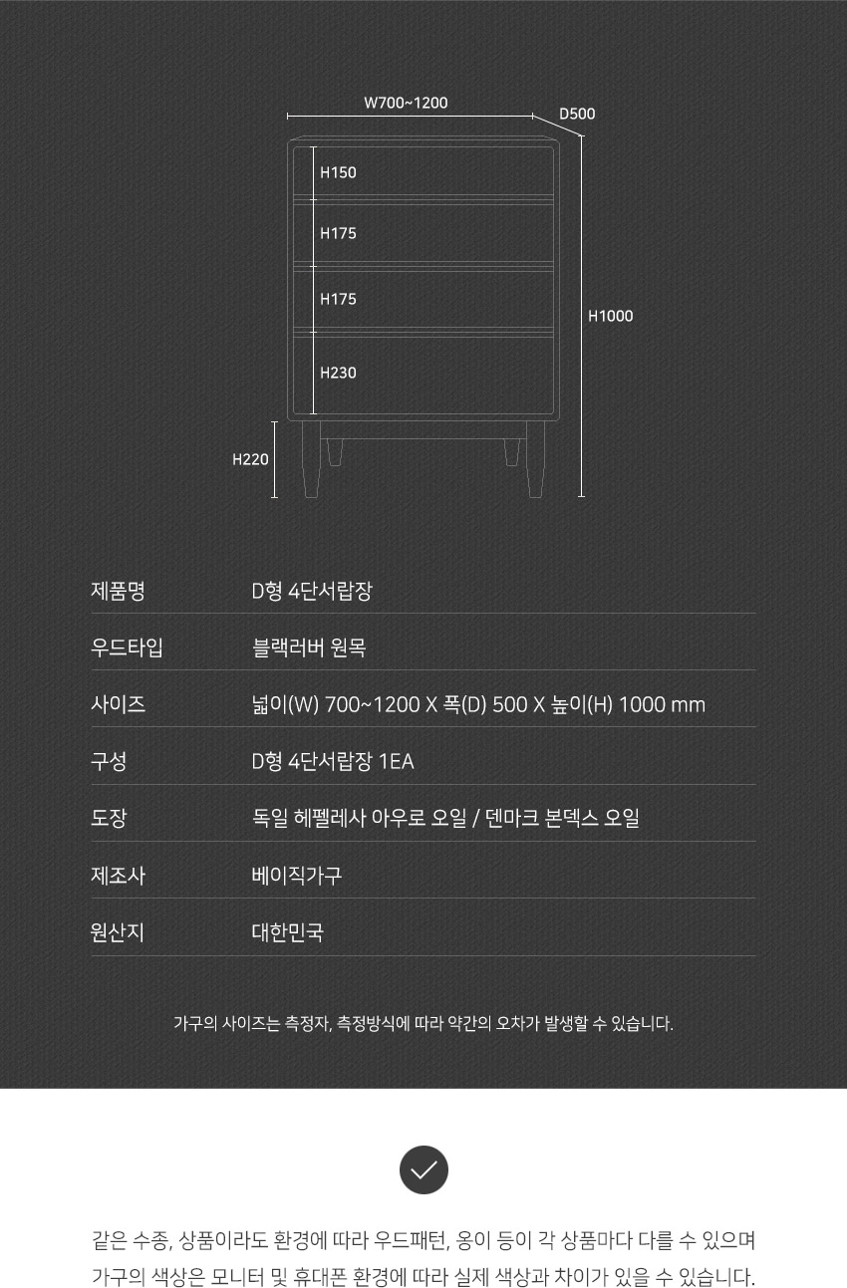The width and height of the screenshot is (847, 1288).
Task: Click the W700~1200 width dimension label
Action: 406,103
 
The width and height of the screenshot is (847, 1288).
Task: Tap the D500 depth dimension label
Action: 577,114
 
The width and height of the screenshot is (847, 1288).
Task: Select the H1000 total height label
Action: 610,316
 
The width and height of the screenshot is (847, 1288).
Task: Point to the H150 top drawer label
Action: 338,172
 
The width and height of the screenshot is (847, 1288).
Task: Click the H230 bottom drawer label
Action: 338,373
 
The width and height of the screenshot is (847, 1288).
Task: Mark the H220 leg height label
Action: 250,459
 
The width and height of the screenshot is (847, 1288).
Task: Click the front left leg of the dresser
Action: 311,459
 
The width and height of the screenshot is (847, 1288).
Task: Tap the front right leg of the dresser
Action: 535,459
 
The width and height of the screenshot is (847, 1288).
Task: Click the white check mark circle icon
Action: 423,1169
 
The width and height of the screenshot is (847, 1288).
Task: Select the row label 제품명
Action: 118,591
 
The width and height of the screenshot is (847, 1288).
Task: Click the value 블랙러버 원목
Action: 309,648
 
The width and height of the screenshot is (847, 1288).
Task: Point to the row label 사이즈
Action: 118,704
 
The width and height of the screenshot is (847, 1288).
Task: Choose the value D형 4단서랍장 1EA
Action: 333,762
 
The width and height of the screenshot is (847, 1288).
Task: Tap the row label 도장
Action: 109,818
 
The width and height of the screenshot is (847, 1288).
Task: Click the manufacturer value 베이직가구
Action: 297,876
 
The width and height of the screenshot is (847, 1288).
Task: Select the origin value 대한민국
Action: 288,932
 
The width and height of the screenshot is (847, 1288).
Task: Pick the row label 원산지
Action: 118,932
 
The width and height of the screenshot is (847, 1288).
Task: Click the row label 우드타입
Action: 128,648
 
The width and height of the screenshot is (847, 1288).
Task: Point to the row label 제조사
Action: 118,876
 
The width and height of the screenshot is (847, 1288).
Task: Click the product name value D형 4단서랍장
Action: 312,591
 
